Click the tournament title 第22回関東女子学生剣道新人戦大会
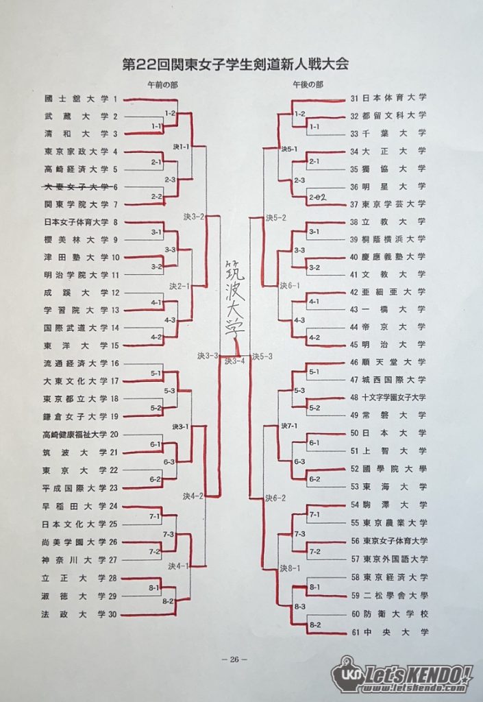[x=235, y=64]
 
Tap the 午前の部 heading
[x=162, y=84]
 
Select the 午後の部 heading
[x=308, y=84]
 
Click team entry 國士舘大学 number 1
[x=81, y=99]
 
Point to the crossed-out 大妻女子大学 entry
[x=81, y=186]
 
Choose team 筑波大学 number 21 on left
[x=80, y=452]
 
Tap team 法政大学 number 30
[x=79, y=614]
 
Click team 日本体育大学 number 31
[x=388, y=97]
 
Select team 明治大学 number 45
[x=388, y=345]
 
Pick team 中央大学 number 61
[x=390, y=633]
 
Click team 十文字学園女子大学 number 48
[x=388, y=398]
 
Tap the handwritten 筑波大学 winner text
[x=235, y=298]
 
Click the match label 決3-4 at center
[x=235, y=361]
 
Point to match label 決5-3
[x=262, y=356]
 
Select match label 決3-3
[x=208, y=356]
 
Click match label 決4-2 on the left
[x=193, y=496]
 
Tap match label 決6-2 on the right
[x=275, y=498]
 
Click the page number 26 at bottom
[x=235, y=659]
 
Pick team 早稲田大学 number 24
[x=79, y=506]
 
